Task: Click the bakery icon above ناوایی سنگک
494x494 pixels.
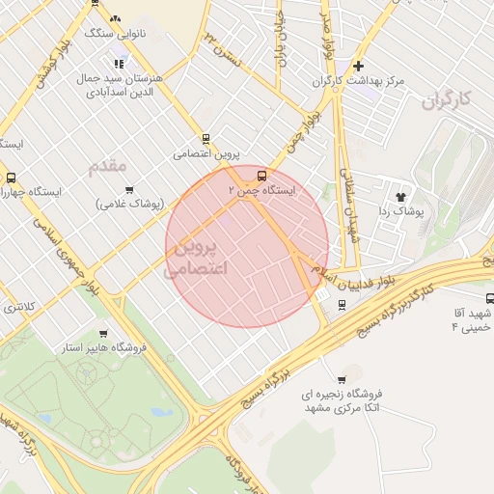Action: (x=115, y=18)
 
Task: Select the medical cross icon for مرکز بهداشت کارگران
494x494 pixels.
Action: (x=359, y=67)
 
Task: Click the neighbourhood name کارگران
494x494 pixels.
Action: (x=451, y=99)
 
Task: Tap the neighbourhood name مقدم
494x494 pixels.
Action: (x=108, y=166)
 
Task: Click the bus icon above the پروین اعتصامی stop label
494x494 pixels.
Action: (x=206, y=139)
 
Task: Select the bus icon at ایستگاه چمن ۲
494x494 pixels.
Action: (x=262, y=175)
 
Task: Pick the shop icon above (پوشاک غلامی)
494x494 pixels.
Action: (x=129, y=189)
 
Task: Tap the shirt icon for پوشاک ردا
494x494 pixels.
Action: (x=400, y=196)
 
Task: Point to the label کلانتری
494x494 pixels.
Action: (x=18, y=307)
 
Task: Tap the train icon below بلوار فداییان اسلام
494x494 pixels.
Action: (x=342, y=304)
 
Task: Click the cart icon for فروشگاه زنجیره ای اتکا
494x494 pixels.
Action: (x=342, y=379)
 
